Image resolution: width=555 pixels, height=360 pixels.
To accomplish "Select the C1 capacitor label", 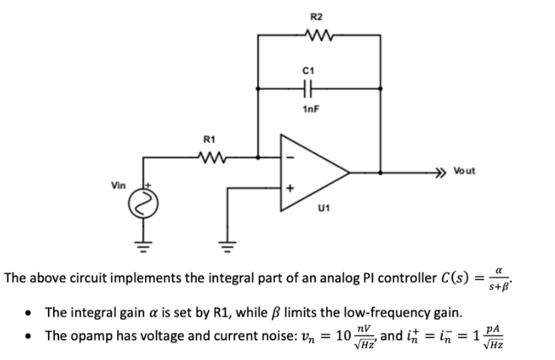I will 309,70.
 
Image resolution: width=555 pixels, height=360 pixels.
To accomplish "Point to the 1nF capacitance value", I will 309,108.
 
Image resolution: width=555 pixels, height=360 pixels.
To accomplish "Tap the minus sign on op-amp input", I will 290,159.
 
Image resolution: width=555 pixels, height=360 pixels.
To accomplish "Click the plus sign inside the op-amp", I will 290,189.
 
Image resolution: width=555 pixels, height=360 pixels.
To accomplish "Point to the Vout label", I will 463,171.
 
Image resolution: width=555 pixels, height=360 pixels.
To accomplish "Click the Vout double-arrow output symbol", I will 443,172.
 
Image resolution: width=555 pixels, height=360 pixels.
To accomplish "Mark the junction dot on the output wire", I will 379,172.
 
